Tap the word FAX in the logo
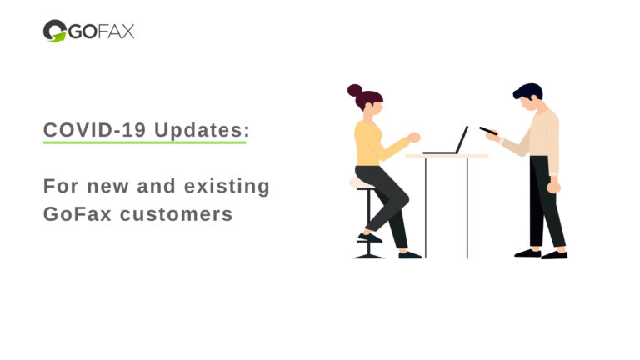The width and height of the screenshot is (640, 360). pos(117,32)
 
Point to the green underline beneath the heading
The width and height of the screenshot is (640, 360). pos(144,142)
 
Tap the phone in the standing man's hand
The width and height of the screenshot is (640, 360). pos(487,131)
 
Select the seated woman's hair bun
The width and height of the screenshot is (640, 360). pos(355,90)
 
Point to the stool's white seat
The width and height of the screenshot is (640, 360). pos(361,183)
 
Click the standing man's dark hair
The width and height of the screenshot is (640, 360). pos(528,91)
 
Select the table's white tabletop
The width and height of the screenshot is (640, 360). pos(446,156)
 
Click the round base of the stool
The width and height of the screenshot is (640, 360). pos(367,255)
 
